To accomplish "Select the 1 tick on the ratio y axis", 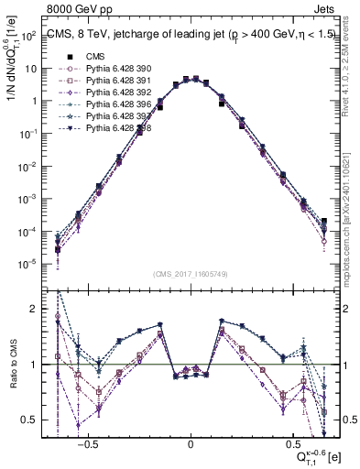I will [34, 365].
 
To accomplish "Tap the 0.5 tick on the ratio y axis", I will [30, 420].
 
